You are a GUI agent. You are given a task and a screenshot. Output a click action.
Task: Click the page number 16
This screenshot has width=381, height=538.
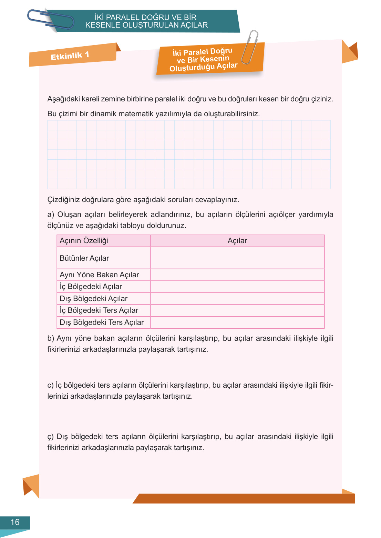point(15,522)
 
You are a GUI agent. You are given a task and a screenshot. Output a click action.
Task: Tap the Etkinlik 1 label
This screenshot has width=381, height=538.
point(70,56)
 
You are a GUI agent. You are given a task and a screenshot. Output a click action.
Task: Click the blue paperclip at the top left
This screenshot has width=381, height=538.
point(50,19)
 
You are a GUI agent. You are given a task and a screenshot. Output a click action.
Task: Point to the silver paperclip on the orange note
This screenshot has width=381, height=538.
point(250,47)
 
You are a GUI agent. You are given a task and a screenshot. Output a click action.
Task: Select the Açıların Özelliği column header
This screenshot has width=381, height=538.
point(84,241)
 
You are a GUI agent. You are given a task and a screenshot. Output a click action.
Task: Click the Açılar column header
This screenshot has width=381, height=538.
point(237,241)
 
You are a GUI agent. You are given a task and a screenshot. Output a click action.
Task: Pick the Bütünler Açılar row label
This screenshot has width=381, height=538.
point(84,258)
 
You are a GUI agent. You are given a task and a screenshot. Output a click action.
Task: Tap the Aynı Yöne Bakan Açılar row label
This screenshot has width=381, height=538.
point(99,275)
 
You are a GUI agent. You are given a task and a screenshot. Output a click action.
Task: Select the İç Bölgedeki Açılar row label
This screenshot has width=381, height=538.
point(91,287)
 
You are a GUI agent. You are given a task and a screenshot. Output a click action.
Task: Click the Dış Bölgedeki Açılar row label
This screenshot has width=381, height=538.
point(93,299)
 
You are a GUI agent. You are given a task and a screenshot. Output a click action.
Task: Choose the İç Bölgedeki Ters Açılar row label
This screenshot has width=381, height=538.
point(99,310)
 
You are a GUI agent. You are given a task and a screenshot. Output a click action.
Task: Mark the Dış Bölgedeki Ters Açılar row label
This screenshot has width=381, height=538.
point(102,322)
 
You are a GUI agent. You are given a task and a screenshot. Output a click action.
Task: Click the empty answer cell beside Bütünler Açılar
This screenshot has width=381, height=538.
point(237,258)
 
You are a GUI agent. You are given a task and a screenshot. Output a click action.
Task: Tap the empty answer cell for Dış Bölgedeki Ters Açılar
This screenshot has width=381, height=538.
point(237,322)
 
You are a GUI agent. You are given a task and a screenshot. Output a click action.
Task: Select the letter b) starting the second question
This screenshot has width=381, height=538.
point(51,338)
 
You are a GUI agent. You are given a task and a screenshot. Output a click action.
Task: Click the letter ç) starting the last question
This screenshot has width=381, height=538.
point(51,437)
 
